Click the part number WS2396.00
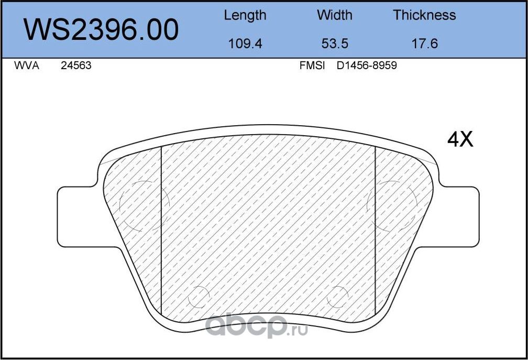102,30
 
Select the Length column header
245,15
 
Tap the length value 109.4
245,43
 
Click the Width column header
334,15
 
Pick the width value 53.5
334,43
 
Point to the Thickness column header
424,15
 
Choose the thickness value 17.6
424,43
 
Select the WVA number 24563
76,66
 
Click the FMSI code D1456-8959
367,66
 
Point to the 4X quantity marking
460,139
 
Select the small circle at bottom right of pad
337,297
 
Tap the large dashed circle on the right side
392,205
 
